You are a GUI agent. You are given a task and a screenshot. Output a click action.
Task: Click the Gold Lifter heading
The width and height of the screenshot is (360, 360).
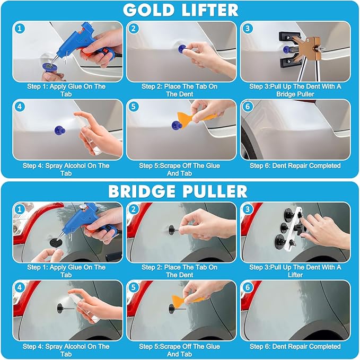181,10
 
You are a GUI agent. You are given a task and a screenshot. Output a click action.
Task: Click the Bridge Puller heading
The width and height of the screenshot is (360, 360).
178,191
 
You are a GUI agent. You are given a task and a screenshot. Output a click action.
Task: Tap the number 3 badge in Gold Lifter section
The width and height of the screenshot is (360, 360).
248,29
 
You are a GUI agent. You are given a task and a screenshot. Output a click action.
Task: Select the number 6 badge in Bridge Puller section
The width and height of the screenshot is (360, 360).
248,287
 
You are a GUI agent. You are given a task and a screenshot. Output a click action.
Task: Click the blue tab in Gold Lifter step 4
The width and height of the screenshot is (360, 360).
60,130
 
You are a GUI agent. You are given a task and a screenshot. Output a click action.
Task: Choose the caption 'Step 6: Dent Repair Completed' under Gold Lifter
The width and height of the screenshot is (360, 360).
295,166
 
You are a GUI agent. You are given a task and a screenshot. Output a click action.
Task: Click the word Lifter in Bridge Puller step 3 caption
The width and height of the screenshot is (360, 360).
295,275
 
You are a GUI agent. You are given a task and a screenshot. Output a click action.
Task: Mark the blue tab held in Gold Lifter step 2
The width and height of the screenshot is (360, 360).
182,49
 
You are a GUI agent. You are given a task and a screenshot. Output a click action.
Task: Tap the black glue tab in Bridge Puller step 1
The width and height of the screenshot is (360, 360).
56,242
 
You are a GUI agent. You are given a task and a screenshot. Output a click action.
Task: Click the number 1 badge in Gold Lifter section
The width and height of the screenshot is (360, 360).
20,29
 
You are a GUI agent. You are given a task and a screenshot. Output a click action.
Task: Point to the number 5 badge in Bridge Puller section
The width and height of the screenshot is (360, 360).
134,287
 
